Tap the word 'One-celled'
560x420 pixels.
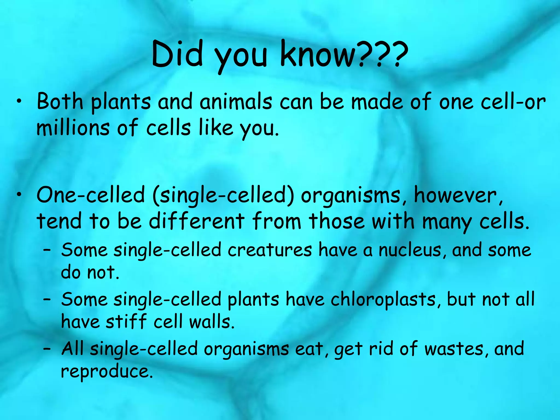click(91, 195)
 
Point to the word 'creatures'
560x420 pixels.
click(270, 250)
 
